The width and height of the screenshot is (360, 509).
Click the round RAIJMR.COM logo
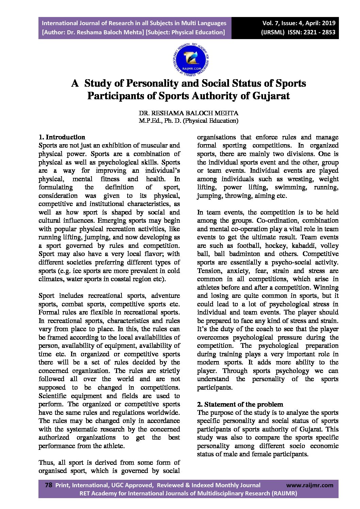point(191,60)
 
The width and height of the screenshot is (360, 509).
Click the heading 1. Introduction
point(62,137)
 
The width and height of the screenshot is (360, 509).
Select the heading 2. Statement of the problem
point(240,405)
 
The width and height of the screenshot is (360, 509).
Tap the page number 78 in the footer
point(48,485)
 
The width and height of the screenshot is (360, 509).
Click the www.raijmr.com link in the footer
point(310,485)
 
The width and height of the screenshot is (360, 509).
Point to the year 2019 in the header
point(328,23)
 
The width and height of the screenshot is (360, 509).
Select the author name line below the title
point(188,113)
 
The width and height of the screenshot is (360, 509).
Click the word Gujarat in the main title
point(271,96)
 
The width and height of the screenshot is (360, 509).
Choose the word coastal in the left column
point(126,279)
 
